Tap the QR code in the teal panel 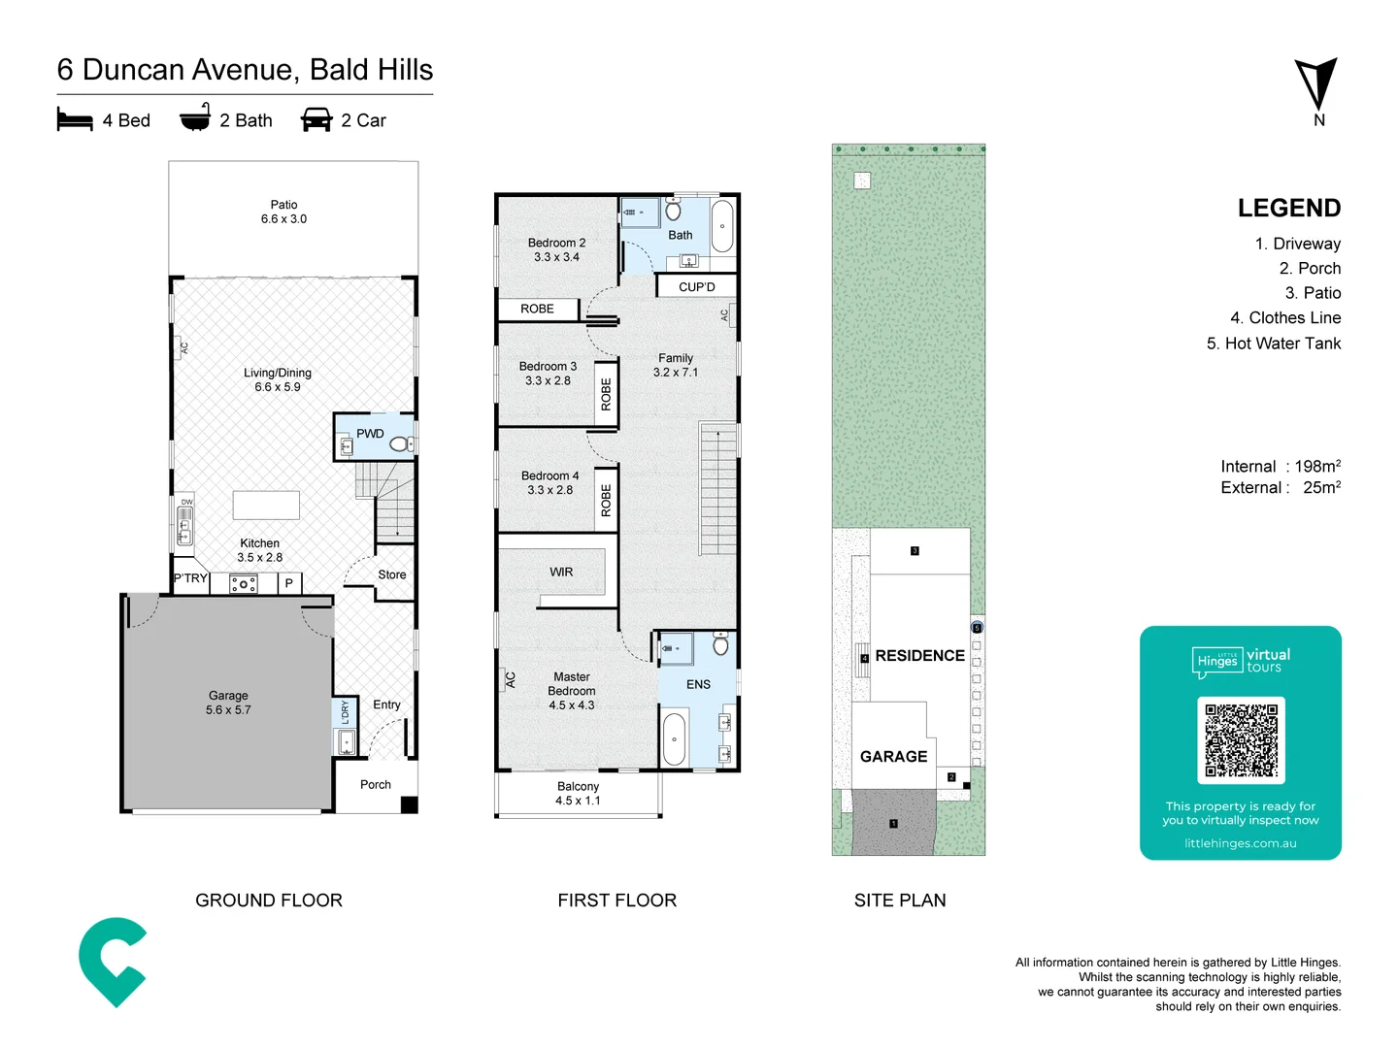(x=1241, y=739)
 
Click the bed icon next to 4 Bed (x=75, y=119)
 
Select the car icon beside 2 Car (x=316, y=119)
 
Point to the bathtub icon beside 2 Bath (x=195, y=117)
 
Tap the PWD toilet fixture (x=399, y=444)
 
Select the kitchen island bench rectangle (x=266, y=505)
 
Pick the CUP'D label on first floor (x=696, y=287)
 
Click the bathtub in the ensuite (x=674, y=739)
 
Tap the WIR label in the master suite (x=561, y=573)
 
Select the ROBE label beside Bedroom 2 (x=537, y=309)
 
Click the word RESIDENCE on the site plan (x=919, y=656)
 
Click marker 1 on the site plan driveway (x=893, y=824)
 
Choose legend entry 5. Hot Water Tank (x=1273, y=344)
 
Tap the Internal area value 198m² (x=1317, y=467)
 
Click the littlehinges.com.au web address (x=1240, y=843)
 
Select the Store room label (x=392, y=575)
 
